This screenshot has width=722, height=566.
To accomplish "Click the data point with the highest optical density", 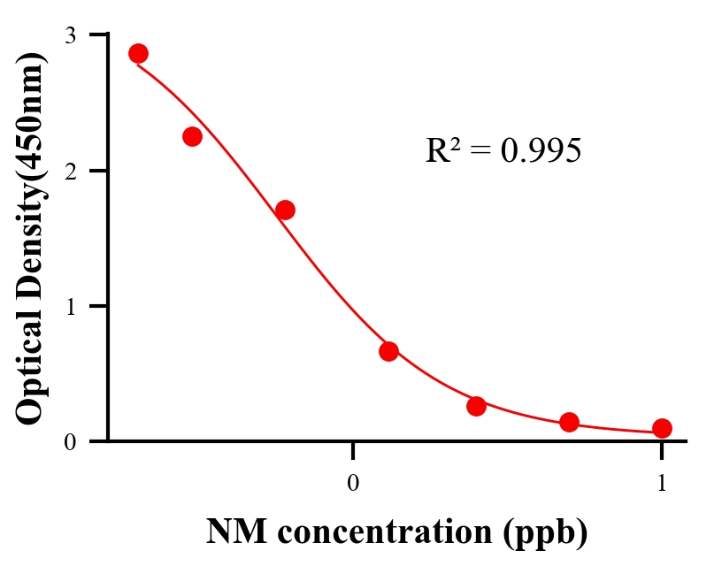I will [138, 53].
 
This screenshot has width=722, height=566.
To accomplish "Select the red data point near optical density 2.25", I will [192, 136].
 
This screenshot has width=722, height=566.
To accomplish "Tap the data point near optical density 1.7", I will [285, 210].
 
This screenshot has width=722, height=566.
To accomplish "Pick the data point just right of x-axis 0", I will [388, 351].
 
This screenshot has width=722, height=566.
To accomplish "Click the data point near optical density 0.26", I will [476, 406].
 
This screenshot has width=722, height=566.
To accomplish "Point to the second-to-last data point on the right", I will [569, 422].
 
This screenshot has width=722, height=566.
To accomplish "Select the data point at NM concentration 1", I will [662, 428].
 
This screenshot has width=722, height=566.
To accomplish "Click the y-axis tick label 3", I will [70, 35].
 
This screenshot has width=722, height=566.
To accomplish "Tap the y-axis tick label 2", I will [70, 171].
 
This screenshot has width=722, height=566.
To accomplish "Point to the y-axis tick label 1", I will [70, 306].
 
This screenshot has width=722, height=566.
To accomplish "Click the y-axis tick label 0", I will [70, 442].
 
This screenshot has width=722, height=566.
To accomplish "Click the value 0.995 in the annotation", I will [541, 151].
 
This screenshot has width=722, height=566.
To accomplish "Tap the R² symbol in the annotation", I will [442, 151].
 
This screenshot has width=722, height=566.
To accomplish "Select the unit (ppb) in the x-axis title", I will [549, 532].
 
